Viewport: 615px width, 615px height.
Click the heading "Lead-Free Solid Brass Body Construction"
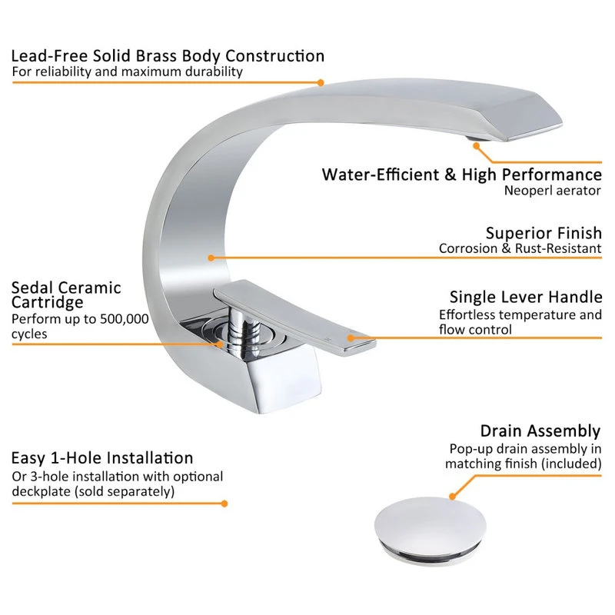168,56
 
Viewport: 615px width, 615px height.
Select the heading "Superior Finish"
544,233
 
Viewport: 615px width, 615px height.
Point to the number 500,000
125,319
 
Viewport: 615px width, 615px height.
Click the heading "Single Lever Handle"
526,297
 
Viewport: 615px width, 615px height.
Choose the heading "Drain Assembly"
540,431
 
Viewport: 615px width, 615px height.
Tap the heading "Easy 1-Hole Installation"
102,458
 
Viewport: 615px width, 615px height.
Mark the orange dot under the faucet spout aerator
477,146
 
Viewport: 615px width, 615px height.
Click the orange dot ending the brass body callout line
321,83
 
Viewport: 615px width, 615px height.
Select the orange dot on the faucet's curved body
211,258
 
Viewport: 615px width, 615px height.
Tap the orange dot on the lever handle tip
351,338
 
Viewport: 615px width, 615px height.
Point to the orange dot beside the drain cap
452,497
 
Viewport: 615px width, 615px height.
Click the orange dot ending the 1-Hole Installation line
224,504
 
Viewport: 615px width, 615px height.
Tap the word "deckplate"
42,491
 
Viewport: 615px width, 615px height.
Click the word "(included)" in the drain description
571,464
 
